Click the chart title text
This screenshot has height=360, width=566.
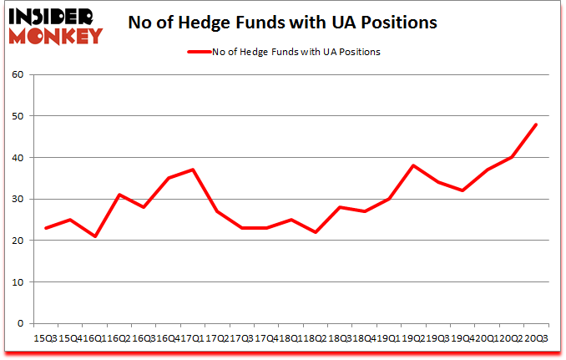(282, 23)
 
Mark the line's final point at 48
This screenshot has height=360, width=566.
(536, 125)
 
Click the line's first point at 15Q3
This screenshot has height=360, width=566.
(46, 228)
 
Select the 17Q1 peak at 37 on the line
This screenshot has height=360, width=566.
(193, 170)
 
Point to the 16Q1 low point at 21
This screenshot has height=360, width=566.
(95, 236)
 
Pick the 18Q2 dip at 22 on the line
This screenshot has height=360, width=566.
(316, 232)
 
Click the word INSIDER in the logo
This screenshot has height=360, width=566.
(56, 17)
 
